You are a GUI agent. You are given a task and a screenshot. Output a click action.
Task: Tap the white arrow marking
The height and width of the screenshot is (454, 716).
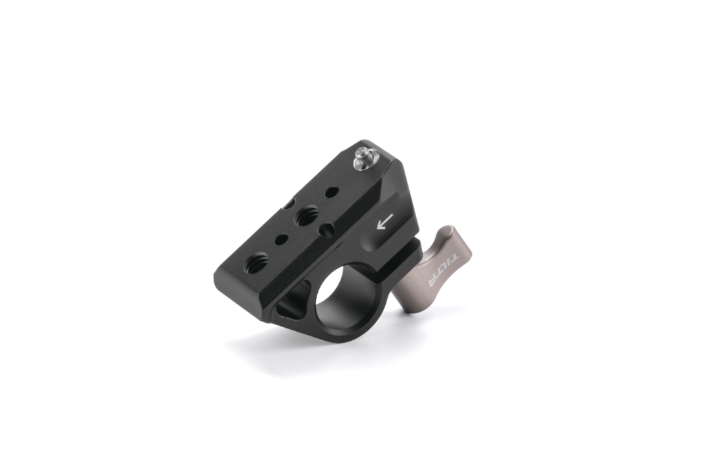pyautogui.click(x=385, y=222)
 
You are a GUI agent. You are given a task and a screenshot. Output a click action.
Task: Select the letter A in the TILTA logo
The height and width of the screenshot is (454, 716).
pyautogui.click(x=432, y=283)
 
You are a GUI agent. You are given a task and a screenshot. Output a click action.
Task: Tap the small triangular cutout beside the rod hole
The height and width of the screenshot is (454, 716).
pyautogui.click(x=292, y=301)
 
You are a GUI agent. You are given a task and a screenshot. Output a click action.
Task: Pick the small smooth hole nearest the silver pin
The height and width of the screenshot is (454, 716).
pyautogui.click(x=331, y=191)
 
